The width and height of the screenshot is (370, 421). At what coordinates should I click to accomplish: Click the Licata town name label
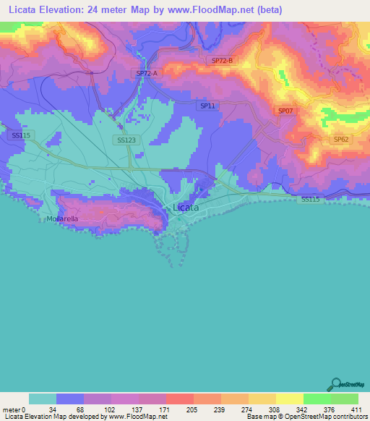(186, 208)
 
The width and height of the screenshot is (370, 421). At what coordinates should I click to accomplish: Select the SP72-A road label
(147, 74)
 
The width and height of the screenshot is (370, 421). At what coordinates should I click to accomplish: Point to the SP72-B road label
(223, 61)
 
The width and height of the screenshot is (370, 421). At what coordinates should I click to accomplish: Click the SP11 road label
(207, 106)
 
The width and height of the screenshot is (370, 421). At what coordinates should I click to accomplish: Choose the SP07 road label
(285, 111)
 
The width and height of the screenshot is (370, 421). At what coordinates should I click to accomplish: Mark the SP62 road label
(341, 140)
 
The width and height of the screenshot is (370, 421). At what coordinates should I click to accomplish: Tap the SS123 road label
(125, 140)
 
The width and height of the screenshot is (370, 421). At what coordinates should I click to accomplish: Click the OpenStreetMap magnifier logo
(336, 385)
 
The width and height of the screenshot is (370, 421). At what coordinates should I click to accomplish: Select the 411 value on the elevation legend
(356, 409)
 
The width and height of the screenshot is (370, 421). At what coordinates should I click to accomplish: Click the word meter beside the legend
(11, 409)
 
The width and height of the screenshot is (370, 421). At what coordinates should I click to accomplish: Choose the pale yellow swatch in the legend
(290, 399)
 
